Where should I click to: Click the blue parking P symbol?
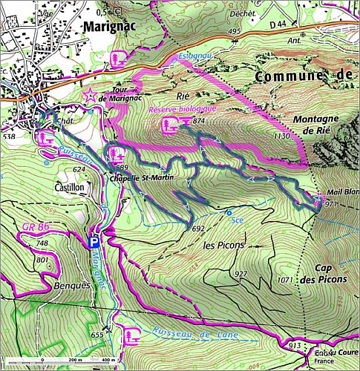(x=94, y=242)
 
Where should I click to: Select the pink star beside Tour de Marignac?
(x=90, y=94)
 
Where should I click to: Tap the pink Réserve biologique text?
(x=182, y=109)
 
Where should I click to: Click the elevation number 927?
(x=240, y=275)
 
